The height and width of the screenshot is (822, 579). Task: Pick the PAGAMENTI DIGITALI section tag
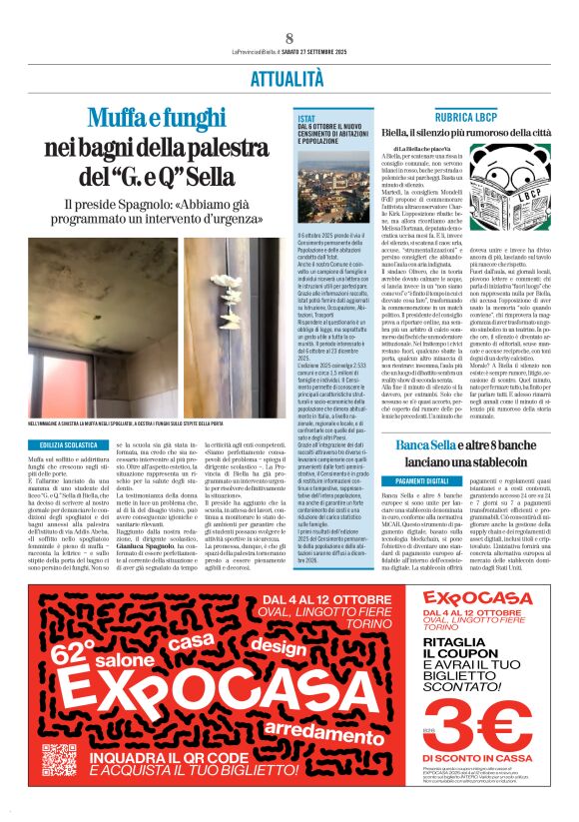(417, 480)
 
